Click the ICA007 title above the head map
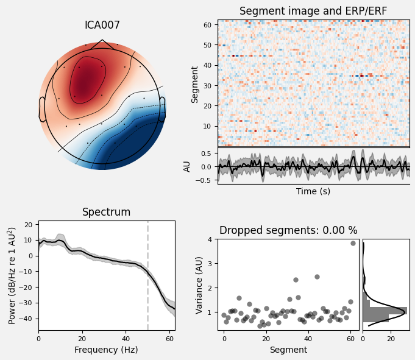pyautogui.click(x=102, y=25)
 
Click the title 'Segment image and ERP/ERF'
pyautogui.click(x=313, y=11)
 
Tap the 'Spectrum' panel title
pyautogui.click(x=106, y=212)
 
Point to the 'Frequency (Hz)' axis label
pyautogui.click(x=106, y=350)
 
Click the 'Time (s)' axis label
pyautogui.click(x=313, y=191)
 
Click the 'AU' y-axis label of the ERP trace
pyautogui.click(x=188, y=166)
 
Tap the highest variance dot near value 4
pyautogui.click(x=353, y=243)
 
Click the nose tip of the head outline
pyautogui.click(x=102, y=40)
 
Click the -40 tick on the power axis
pyautogui.click(x=29, y=319)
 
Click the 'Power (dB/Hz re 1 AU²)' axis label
pyautogui.click(x=12, y=275)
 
